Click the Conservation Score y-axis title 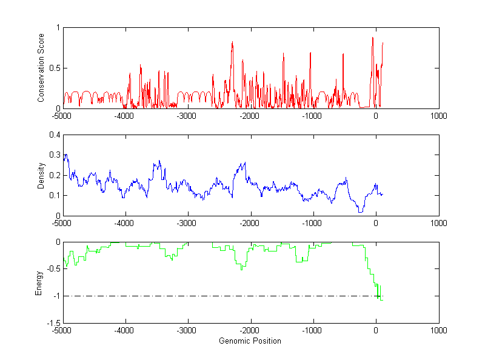(x=41, y=68)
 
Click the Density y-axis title (x=41, y=175)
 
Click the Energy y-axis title (x=39, y=283)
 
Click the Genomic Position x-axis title (x=250, y=341)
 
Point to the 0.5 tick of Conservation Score (x=55, y=68)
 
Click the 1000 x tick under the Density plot (x=438, y=222)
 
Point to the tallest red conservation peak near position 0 (x=373, y=38)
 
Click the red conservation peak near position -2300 (x=232, y=42)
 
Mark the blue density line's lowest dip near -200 (x=361, y=211)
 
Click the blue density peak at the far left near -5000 (x=65, y=155)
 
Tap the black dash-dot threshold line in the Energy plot (x=218, y=296)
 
